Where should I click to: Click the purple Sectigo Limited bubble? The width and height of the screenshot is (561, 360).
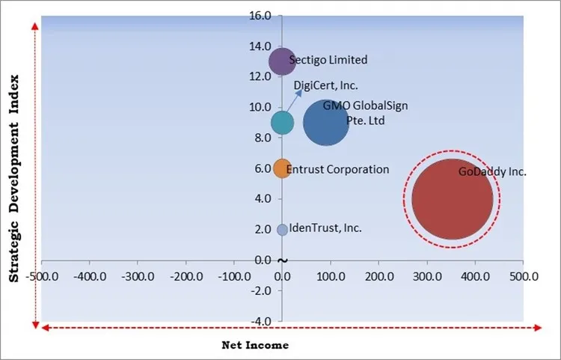tap(282, 61)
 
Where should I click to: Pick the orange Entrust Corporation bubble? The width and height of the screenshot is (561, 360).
tap(282, 168)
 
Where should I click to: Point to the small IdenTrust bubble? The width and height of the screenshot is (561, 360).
tap(282, 230)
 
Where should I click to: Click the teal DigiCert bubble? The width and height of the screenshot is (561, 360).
tap(282, 123)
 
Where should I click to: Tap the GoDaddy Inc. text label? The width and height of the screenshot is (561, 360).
tap(492, 172)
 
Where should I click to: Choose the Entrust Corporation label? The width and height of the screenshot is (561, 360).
tap(337, 169)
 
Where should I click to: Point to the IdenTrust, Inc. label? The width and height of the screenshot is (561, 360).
tap(325, 228)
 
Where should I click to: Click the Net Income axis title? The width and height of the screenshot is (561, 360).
tap(255, 345)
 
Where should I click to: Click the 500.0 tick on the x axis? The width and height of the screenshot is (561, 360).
tap(523, 276)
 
